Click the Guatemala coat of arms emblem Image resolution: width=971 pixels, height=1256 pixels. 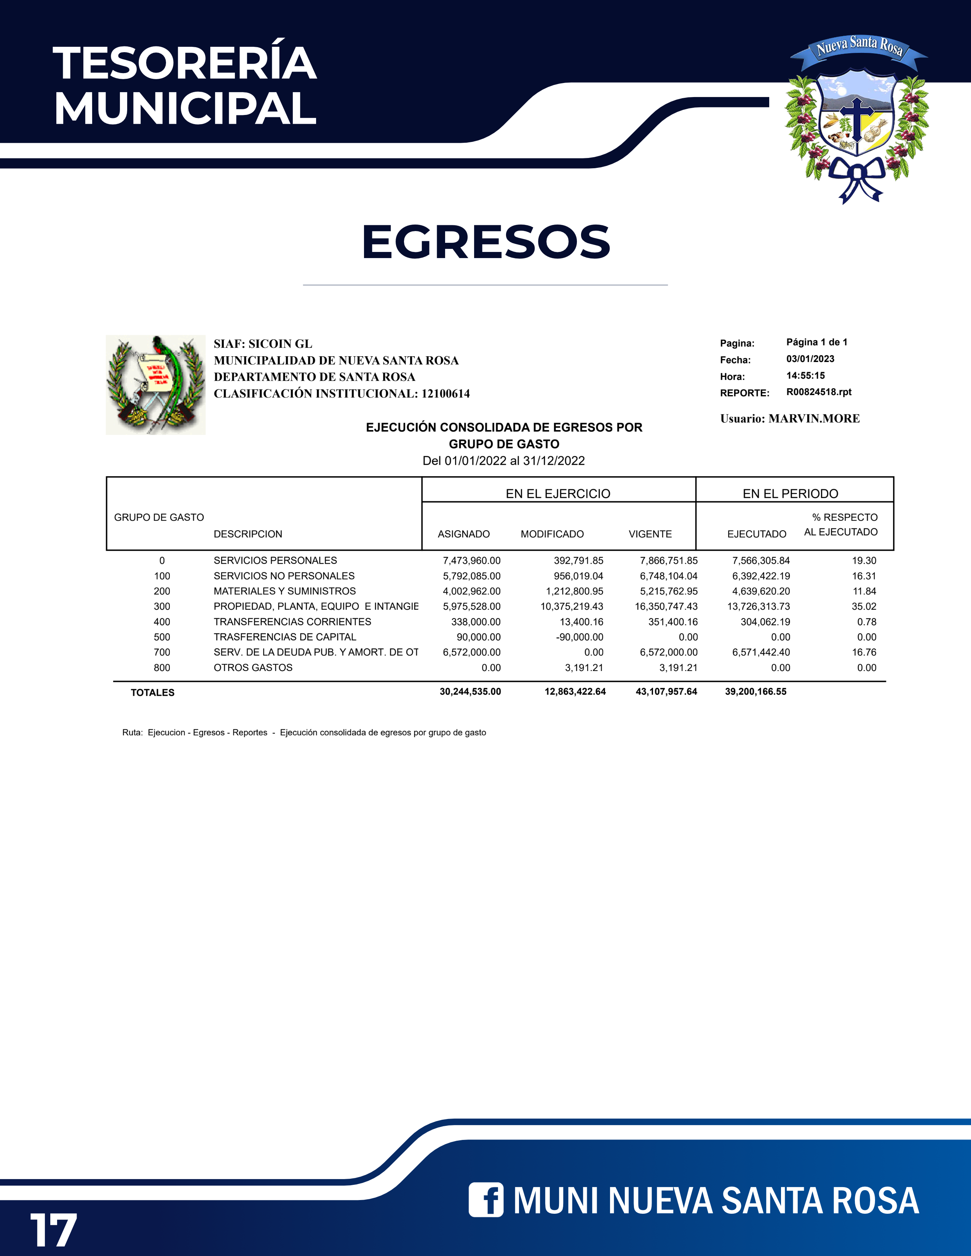coord(156,385)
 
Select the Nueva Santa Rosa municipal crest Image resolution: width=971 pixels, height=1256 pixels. coord(857,121)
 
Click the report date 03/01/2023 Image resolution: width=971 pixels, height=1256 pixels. coord(810,359)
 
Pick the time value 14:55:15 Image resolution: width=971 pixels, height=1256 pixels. coord(805,376)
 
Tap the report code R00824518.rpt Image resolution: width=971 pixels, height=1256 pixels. coord(819,392)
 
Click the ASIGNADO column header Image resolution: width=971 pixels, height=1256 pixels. coord(464,534)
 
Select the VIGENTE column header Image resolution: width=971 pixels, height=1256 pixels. coord(650,534)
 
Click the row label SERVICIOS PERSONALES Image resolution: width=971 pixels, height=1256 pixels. coord(275,560)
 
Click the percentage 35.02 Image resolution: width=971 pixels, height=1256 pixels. coord(864,606)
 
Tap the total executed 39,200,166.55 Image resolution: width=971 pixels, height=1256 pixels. coord(755,691)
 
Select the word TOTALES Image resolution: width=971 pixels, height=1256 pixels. coord(152,692)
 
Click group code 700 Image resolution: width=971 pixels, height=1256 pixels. coord(161,652)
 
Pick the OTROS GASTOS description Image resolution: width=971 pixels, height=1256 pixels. coord(253,667)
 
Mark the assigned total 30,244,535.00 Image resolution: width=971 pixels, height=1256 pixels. coord(470,691)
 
